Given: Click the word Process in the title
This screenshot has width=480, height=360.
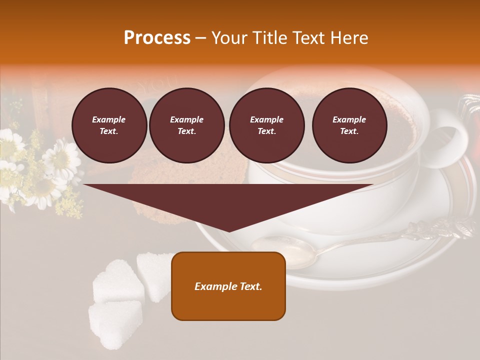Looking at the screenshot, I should pyautogui.click(x=157, y=38).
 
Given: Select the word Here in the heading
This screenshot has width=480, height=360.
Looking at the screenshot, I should pyautogui.click(x=348, y=38).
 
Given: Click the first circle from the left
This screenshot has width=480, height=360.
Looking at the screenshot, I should pyautogui.click(x=109, y=125).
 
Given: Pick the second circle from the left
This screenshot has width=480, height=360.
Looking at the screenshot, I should pyautogui.click(x=186, y=125).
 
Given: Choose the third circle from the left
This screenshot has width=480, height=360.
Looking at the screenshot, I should pyautogui.click(x=266, y=125).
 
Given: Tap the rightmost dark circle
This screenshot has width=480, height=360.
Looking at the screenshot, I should pyautogui.click(x=349, y=125).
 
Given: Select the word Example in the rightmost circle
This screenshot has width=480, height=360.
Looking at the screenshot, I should pyautogui.click(x=349, y=119).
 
